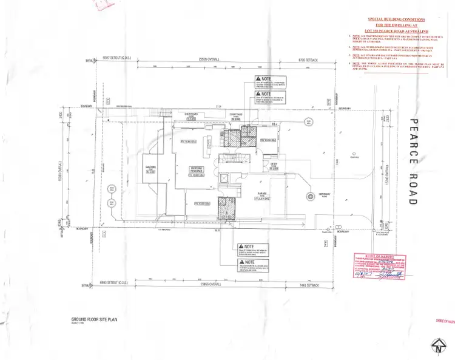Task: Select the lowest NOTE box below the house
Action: point(253,265)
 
